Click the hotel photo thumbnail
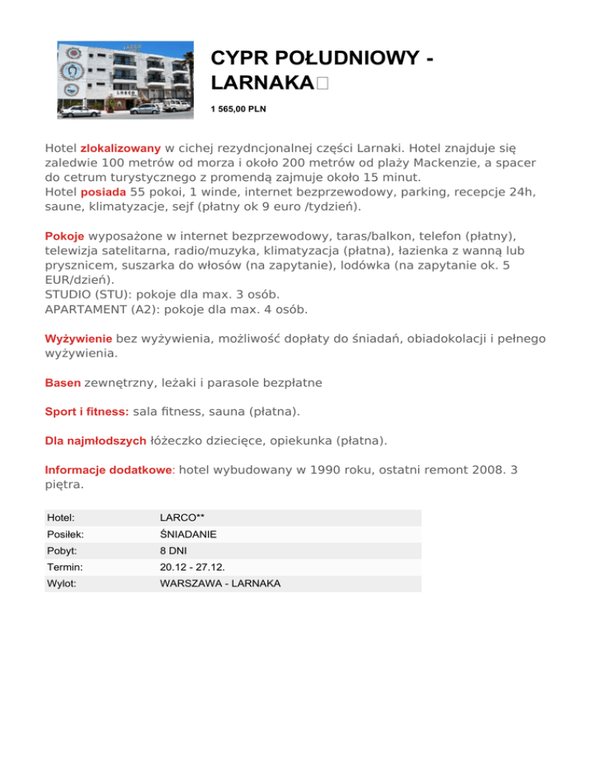click(125, 80)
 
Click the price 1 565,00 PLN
click(238, 109)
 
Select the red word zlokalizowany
click(121, 147)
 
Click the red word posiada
click(104, 192)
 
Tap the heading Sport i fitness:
click(87, 410)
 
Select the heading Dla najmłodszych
click(96, 441)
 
